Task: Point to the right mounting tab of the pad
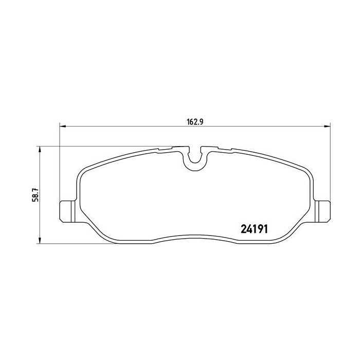(323, 210)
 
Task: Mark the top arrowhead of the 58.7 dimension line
(40, 149)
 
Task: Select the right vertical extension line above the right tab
(329, 165)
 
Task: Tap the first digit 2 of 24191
(244, 229)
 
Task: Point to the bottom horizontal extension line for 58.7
(77, 243)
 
